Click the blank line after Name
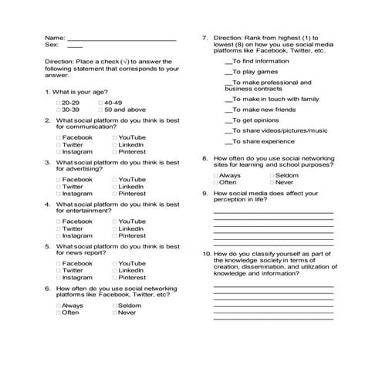coord(121,39)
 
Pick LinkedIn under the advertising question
coord(114,187)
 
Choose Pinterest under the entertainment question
coord(114,235)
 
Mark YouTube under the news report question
coord(114,264)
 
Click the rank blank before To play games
coord(228,71)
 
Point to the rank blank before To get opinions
coord(228,120)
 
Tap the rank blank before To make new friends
coord(228,110)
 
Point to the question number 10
coord(206,253)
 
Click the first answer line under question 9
coord(273,211)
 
